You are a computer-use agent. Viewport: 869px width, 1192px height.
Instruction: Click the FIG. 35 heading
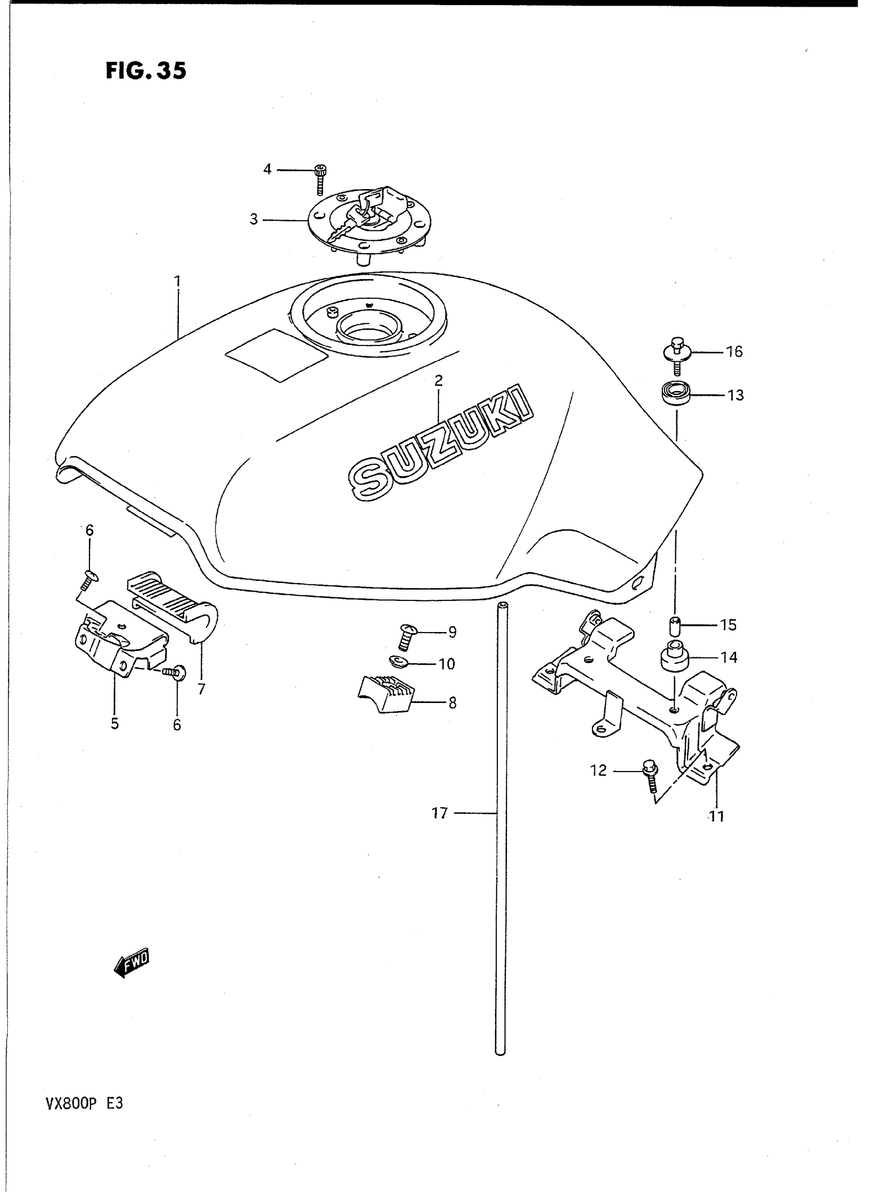pyautogui.click(x=146, y=71)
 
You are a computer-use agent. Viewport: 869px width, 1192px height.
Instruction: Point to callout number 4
pyautogui.click(x=267, y=169)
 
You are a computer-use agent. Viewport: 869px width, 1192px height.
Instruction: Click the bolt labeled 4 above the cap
pyautogui.click(x=319, y=179)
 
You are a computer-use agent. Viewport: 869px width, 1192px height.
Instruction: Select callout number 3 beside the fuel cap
pyautogui.click(x=254, y=219)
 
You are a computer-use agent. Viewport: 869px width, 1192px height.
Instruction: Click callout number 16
pyautogui.click(x=735, y=351)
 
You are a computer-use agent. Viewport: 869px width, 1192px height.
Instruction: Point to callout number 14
pyautogui.click(x=729, y=657)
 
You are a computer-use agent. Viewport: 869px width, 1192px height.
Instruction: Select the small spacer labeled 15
pyautogui.click(x=675, y=627)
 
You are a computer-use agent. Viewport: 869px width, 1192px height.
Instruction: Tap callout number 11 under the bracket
pyautogui.click(x=717, y=816)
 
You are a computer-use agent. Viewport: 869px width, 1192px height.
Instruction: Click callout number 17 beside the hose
pyautogui.click(x=440, y=813)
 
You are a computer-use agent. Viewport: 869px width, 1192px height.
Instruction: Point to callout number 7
pyautogui.click(x=201, y=689)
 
